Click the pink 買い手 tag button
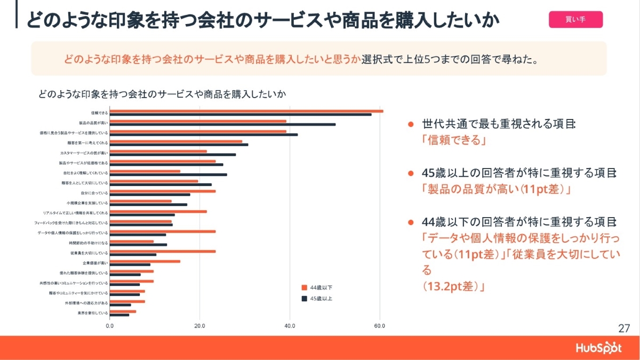coord(575,20)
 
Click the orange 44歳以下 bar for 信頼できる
coord(246,111)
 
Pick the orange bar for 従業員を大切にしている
coord(163,251)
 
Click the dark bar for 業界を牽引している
coord(119,315)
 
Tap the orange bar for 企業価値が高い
coord(145,261)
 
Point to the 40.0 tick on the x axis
coord(290,325)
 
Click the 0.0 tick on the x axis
coord(110,325)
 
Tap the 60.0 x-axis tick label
coord(379,325)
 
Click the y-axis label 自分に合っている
coord(94,193)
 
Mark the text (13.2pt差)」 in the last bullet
coord(453,287)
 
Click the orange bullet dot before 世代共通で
coord(411,124)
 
